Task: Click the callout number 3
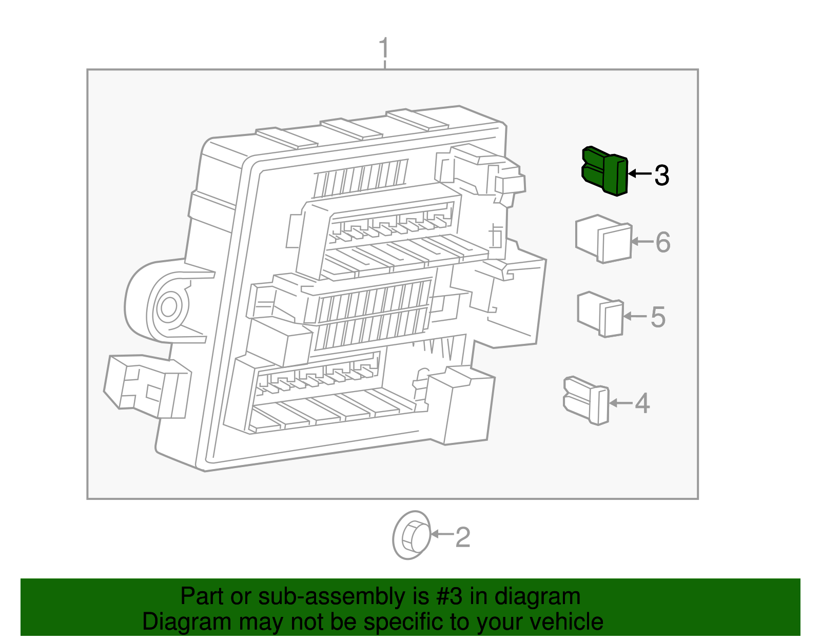pyautogui.click(x=661, y=176)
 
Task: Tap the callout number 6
pyautogui.click(x=663, y=242)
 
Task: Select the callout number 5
pyautogui.click(x=658, y=317)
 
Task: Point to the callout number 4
pyautogui.click(x=642, y=403)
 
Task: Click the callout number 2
pyautogui.click(x=462, y=537)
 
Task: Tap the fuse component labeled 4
pyautogui.click(x=587, y=400)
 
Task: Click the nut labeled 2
pyautogui.click(x=411, y=536)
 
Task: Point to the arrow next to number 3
pyautogui.click(x=639, y=173)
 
